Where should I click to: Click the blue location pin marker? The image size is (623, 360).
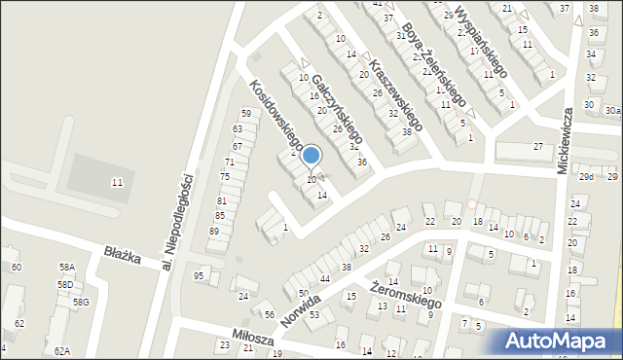pyautogui.click(x=311, y=156)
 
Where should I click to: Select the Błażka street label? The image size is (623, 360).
pyautogui.click(x=123, y=254)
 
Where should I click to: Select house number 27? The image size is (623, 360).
pyautogui.click(x=537, y=146)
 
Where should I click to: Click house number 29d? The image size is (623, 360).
pyautogui.click(x=586, y=177)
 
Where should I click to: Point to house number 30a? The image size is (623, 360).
pyautogui.click(x=612, y=111)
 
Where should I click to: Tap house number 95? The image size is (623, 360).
pyautogui.click(x=199, y=276)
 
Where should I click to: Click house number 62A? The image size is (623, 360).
pyautogui.click(x=62, y=350)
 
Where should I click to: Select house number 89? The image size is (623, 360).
pyautogui.click(x=213, y=232)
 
